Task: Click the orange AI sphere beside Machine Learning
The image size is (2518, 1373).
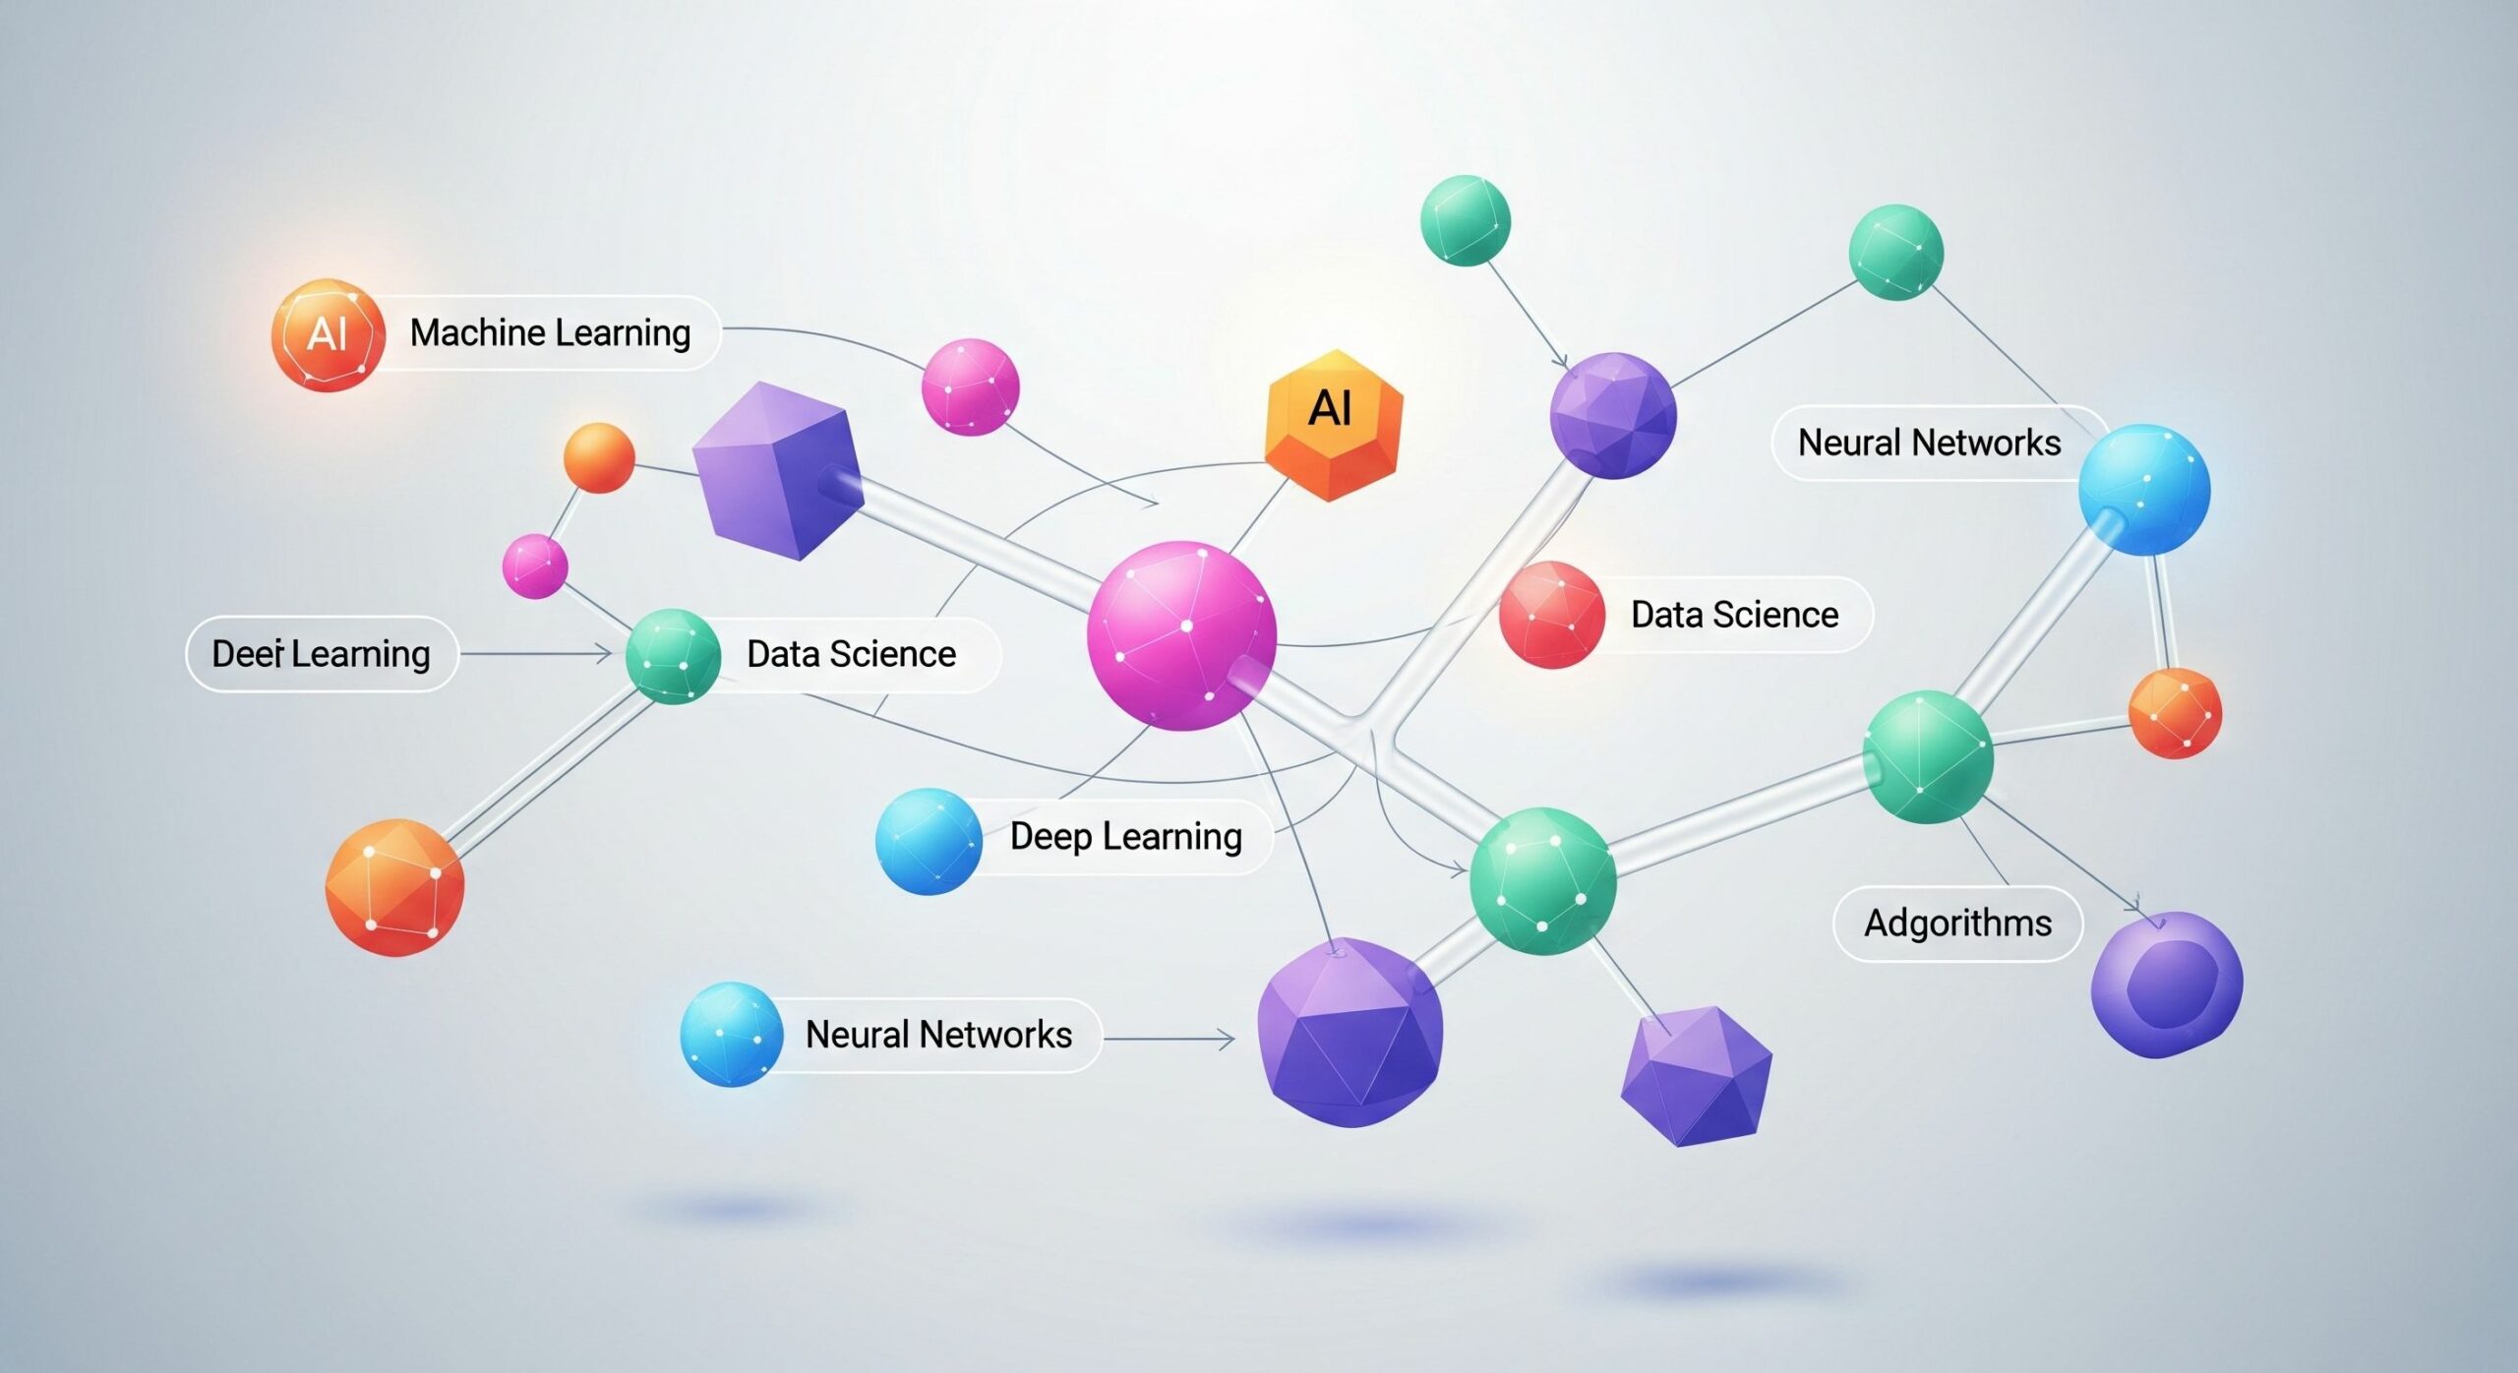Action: tap(328, 334)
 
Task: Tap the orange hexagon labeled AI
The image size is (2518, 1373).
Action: tap(1333, 425)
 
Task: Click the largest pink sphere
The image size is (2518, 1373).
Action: tap(1181, 635)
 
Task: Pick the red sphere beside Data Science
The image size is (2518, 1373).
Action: tap(1551, 615)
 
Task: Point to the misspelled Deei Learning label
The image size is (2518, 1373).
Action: tap(321, 654)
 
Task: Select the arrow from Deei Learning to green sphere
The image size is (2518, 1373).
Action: tap(537, 653)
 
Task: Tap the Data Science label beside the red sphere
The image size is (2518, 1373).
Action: tap(1734, 615)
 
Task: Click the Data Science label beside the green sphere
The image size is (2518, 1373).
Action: tap(851, 654)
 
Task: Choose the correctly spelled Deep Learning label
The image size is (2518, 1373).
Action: tap(1125, 837)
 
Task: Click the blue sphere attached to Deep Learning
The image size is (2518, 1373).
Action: tap(928, 841)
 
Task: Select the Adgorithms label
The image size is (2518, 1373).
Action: tap(1957, 924)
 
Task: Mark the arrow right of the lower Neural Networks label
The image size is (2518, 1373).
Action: tap(1169, 1038)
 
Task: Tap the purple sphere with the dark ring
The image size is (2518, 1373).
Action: tap(2166, 985)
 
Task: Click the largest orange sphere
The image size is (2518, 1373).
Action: tap(394, 887)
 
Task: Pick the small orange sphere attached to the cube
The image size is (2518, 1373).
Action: tap(599, 457)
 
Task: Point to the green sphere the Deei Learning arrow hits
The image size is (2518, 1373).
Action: tap(673, 656)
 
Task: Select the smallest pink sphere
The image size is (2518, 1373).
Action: tap(534, 567)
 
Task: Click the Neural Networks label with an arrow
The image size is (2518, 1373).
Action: tap(938, 1035)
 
